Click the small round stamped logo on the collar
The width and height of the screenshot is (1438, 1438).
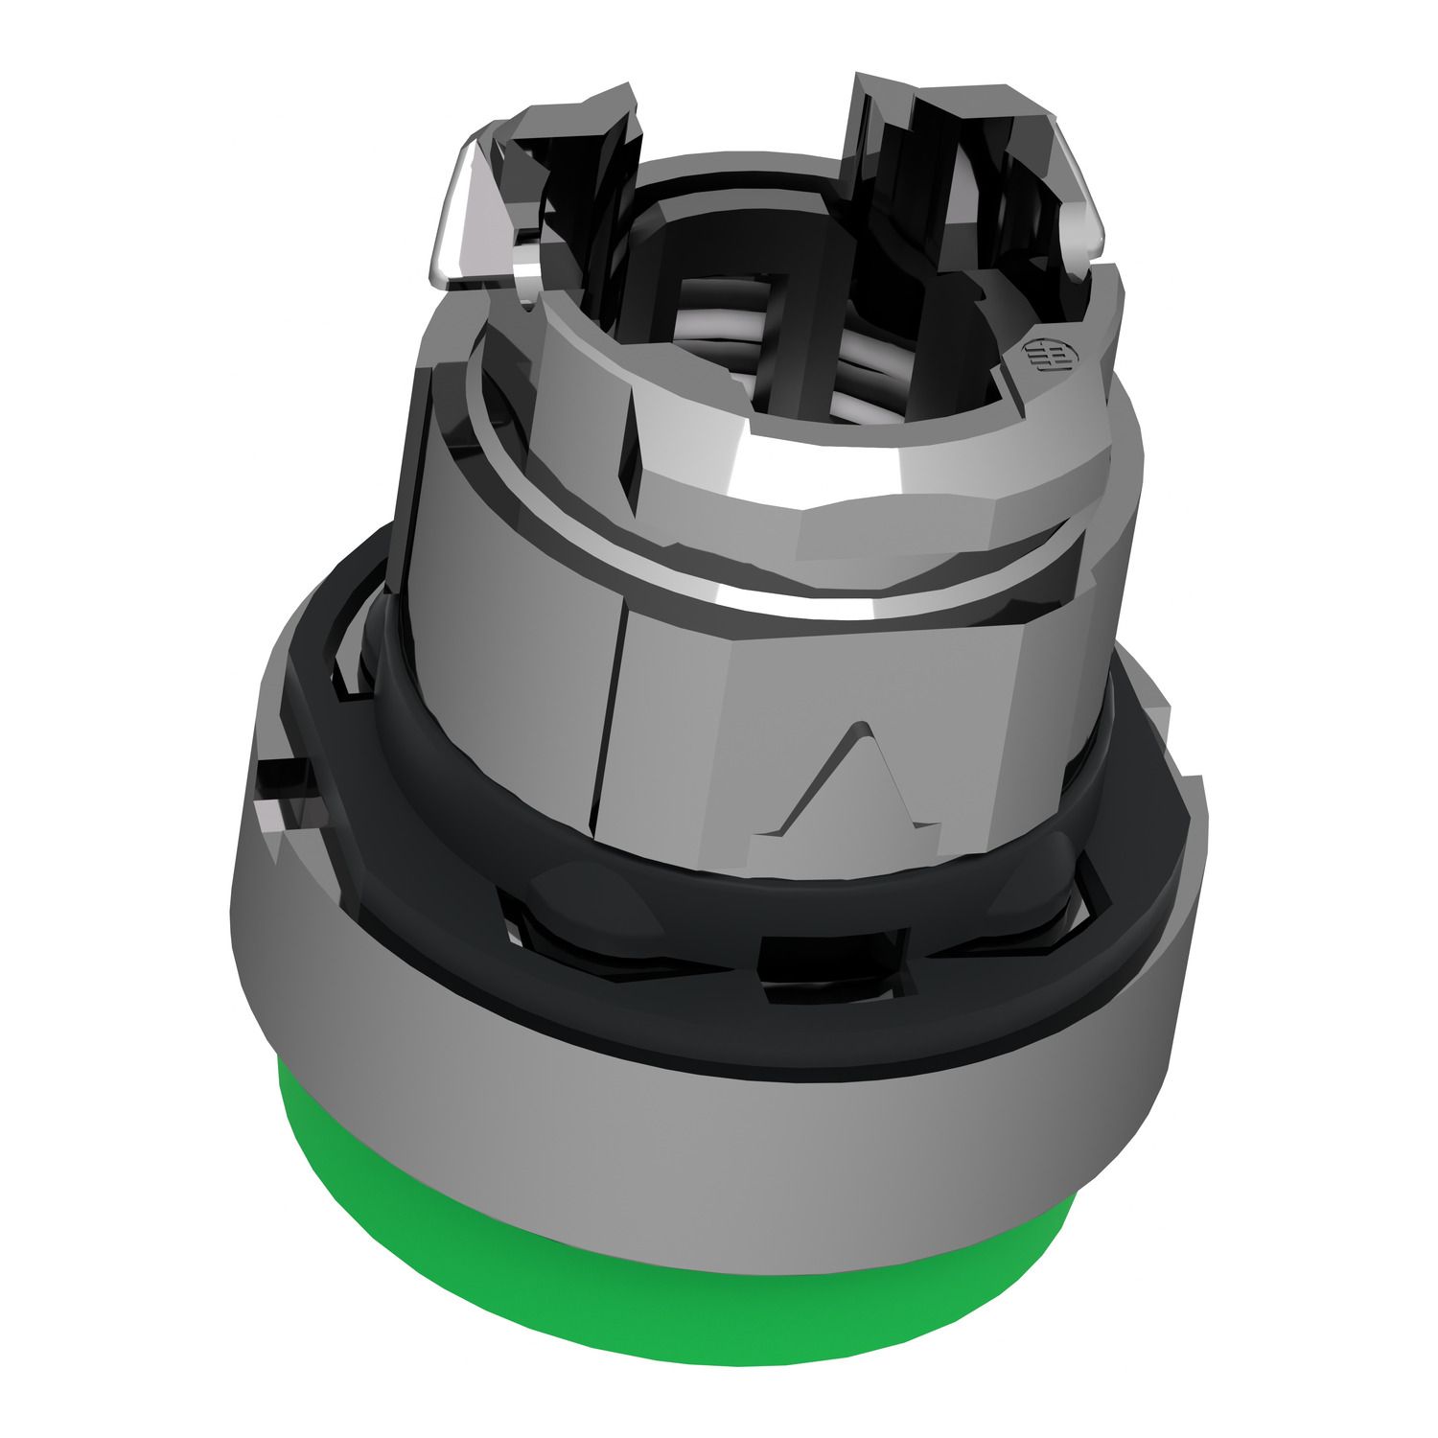click(1040, 358)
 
